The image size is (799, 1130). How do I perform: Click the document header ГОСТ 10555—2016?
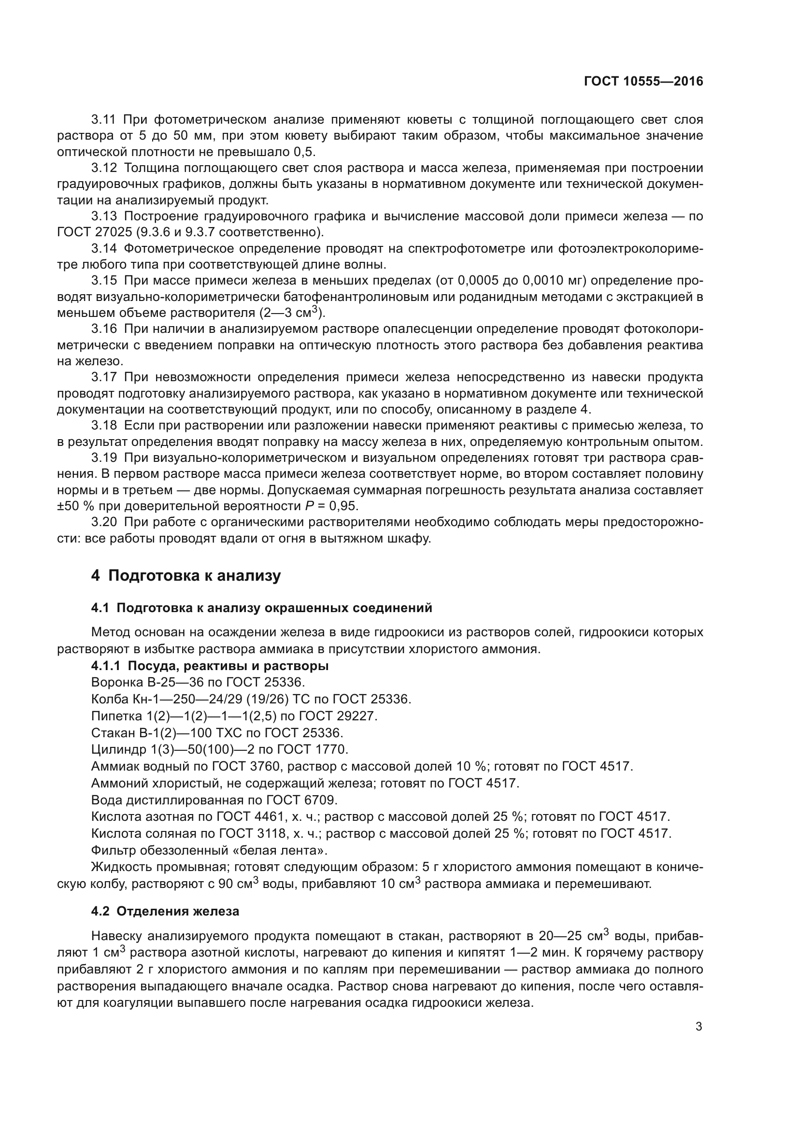(x=643, y=82)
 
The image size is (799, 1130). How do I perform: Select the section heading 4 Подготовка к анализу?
(x=185, y=575)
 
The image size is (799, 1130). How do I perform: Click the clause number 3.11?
(x=104, y=120)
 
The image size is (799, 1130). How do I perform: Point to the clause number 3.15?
(x=104, y=281)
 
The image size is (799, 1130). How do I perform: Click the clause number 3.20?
(x=104, y=522)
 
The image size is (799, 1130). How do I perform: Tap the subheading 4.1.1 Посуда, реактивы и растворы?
(x=210, y=666)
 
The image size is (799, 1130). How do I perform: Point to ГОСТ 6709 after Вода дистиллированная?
(x=302, y=800)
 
